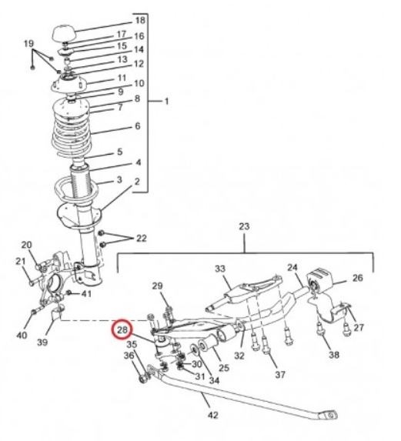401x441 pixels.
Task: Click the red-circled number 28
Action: (x=122, y=329)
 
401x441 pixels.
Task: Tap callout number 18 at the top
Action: (x=140, y=20)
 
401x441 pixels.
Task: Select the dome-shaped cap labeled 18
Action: (x=64, y=34)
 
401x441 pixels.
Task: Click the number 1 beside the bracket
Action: (x=166, y=101)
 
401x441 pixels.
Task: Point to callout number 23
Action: (x=244, y=226)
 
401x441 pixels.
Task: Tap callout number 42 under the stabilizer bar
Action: (x=212, y=415)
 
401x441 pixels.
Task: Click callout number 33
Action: (x=220, y=269)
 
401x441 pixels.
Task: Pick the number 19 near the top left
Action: (x=28, y=44)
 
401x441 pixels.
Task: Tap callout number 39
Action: (x=42, y=342)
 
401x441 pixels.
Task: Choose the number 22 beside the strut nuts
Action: (x=142, y=239)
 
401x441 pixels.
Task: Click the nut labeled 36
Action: (x=144, y=379)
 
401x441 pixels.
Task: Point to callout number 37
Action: (x=280, y=374)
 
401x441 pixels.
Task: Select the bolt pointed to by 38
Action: (x=321, y=329)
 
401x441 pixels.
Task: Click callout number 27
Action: (x=359, y=327)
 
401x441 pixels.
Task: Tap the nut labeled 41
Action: (x=69, y=293)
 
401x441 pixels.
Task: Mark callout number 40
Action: (x=22, y=335)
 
